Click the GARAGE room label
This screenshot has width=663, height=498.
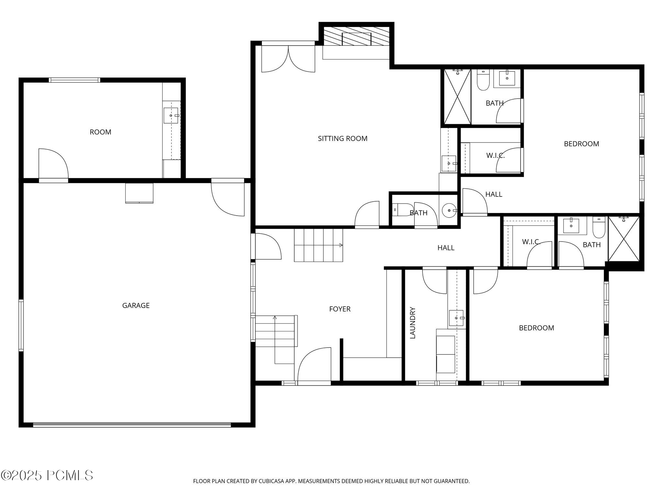(136, 305)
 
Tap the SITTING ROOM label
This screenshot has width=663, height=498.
(343, 138)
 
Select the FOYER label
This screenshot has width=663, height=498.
(340, 309)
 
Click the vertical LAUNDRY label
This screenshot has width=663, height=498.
(412, 323)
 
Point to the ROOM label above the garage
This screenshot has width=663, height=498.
(100, 132)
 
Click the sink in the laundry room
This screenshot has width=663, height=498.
(456, 318)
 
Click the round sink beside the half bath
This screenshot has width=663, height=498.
(449, 210)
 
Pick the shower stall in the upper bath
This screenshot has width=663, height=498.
(457, 97)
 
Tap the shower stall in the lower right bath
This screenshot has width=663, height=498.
(624, 239)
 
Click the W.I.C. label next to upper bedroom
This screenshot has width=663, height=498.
(495, 156)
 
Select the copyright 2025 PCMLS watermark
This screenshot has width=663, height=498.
(47, 476)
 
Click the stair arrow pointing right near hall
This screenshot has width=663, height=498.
(341, 245)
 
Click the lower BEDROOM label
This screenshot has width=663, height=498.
(536, 328)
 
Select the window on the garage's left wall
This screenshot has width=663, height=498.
(21, 325)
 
